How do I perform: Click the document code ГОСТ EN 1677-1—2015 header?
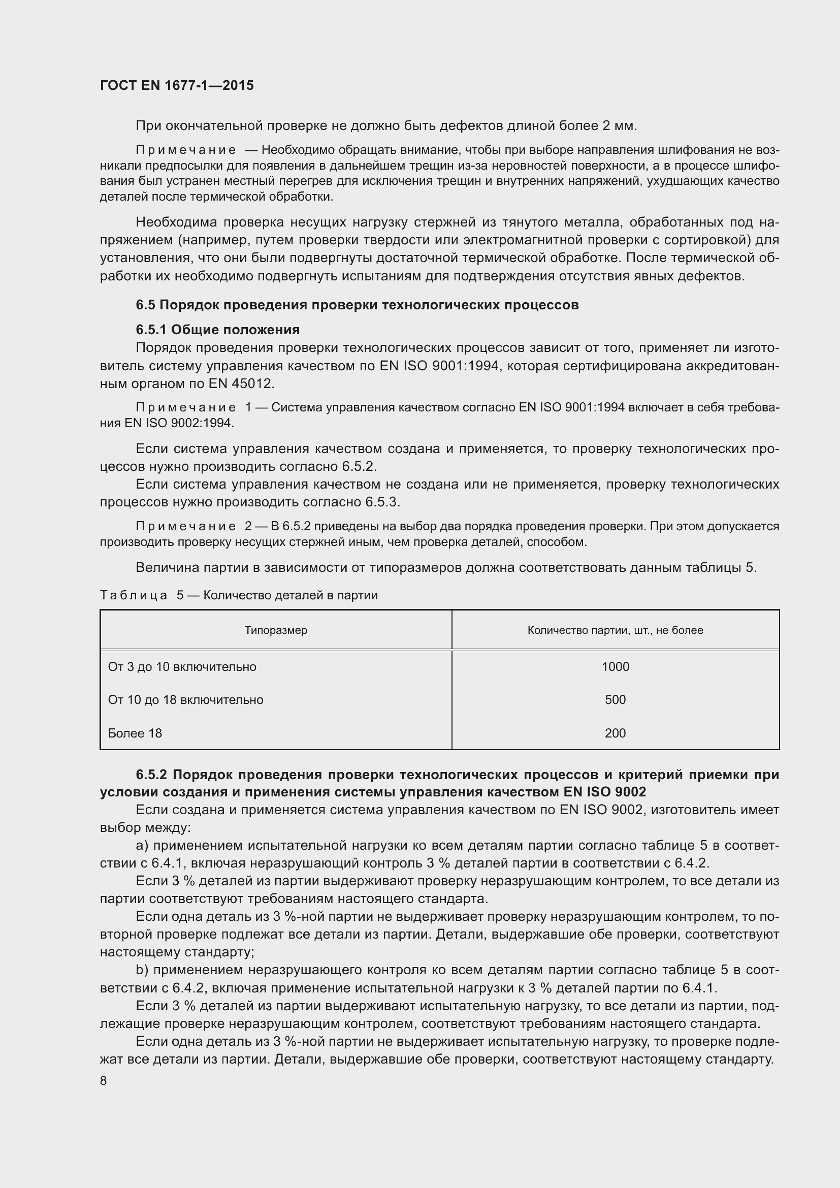click(x=177, y=85)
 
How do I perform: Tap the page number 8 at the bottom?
click(x=104, y=1080)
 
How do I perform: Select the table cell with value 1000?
click(x=615, y=666)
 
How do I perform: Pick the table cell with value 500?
click(x=615, y=699)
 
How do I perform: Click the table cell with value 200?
click(x=615, y=733)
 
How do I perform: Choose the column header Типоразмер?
click(x=276, y=630)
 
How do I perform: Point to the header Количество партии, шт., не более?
click(x=615, y=630)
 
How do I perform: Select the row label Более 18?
click(x=135, y=733)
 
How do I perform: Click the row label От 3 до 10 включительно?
click(x=182, y=666)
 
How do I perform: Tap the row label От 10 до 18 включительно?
click(x=186, y=699)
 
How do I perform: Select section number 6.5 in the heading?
click(x=145, y=305)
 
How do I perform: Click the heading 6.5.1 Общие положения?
click(x=218, y=330)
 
